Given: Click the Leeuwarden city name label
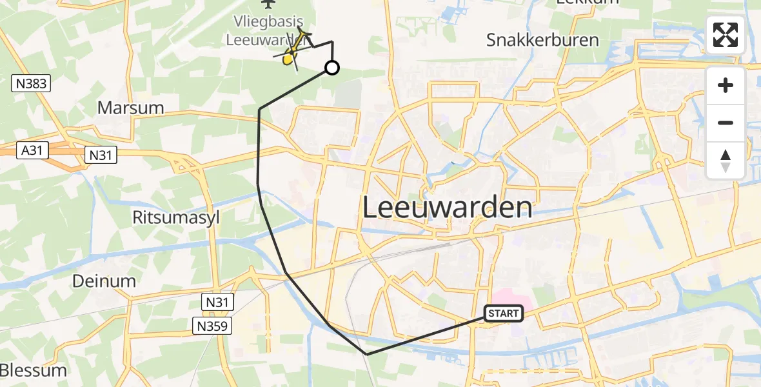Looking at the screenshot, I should [x=448, y=208].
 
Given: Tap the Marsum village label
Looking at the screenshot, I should [x=131, y=107].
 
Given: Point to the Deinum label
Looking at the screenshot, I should [x=104, y=281].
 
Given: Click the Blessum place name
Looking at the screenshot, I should [x=34, y=371].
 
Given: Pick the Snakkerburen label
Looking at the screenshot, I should [x=542, y=40].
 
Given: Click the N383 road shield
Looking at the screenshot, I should [x=31, y=83].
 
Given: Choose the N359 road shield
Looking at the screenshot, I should [x=212, y=326].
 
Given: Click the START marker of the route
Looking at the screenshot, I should [x=503, y=314].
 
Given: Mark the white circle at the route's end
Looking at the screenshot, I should [x=331, y=68].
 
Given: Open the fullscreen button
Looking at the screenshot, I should [x=726, y=35].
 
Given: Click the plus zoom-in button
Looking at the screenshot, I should [x=726, y=85].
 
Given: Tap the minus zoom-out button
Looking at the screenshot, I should [x=726, y=123].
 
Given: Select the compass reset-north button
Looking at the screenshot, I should [x=726, y=160].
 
